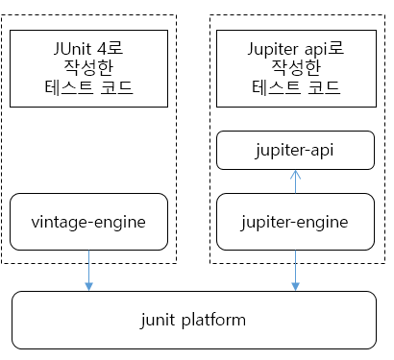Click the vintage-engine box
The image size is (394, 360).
click(89, 223)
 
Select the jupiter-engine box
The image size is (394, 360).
click(295, 223)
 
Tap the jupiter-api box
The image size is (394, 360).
click(295, 151)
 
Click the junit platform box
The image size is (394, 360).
click(192, 320)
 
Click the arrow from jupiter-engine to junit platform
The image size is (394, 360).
click(295, 269)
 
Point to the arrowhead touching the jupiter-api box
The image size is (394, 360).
click(295, 173)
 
